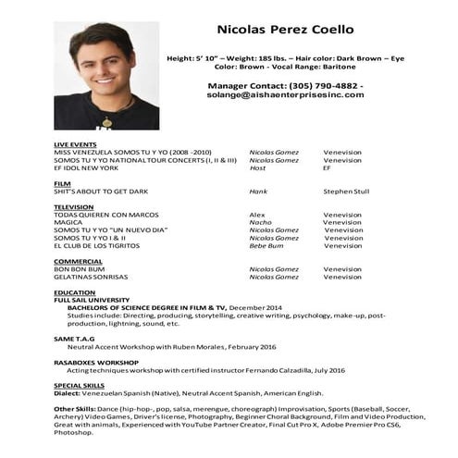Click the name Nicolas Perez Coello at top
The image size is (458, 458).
pos(284,30)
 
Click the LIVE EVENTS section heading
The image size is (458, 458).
pos(74,145)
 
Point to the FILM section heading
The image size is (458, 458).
pos(62,183)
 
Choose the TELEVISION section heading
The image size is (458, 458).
pos(73,206)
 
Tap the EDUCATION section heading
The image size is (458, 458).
pos(74,292)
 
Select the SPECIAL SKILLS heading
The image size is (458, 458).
pos(79,384)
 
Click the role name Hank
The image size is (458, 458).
pos(258,192)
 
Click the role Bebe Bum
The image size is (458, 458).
pos(266,245)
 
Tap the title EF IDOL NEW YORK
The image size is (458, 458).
pos(86,167)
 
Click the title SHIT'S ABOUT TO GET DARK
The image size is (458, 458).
pos(101,192)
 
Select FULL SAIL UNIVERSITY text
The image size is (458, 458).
pos(92,300)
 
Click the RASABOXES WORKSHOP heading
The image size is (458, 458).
pos(96,362)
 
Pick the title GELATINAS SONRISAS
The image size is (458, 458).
pos(91,277)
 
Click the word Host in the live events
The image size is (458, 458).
pos(257,167)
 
